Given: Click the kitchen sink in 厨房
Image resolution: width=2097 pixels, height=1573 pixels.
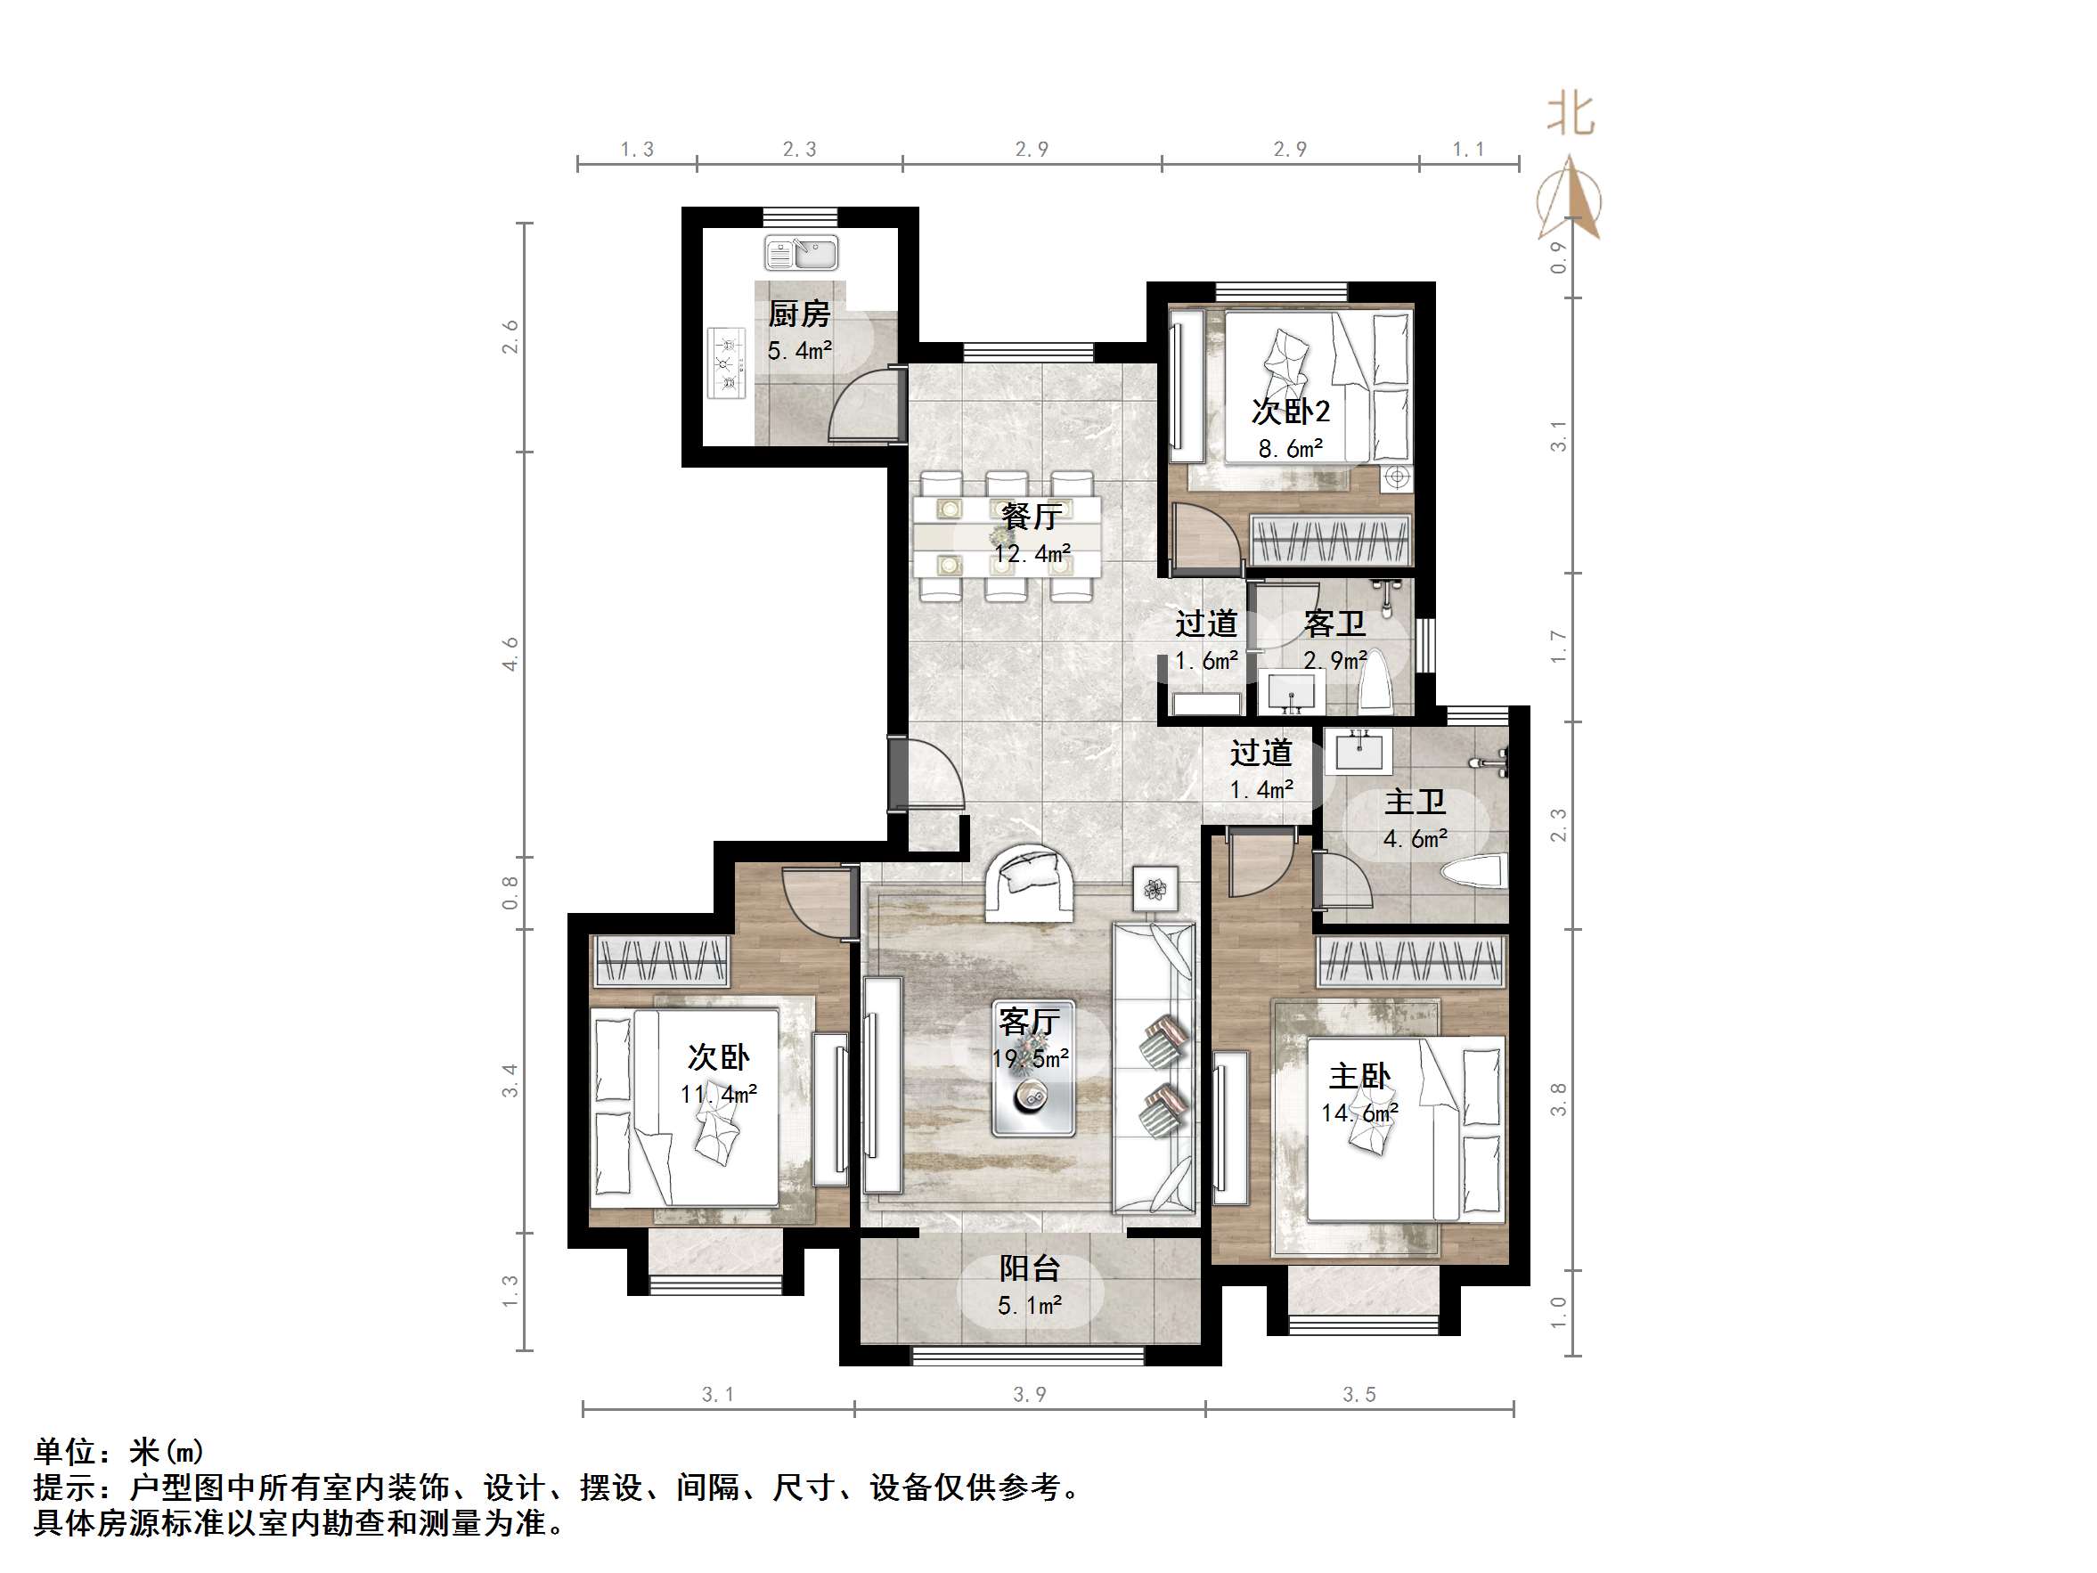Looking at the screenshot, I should pos(801,253).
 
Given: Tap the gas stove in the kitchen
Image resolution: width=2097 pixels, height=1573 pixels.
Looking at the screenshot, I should pos(726,363).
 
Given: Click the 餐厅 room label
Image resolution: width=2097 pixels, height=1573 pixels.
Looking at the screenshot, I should pos(1032,517).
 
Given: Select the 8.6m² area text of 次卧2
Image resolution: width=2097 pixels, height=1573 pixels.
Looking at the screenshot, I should pos(1290,449).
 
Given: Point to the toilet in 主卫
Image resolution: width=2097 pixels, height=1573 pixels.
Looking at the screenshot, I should pos(1474,871).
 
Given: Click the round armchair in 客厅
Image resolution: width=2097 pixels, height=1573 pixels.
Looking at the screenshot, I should pos(1030,882).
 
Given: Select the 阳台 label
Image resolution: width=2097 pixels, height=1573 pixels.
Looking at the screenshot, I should pos(1030,1267).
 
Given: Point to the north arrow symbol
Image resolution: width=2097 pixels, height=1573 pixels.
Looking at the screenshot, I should pos(1570,200).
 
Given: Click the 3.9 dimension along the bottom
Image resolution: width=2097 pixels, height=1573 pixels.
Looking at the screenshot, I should pos(1030,1395).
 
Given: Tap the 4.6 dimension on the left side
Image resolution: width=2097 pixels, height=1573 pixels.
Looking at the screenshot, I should pos(511,655).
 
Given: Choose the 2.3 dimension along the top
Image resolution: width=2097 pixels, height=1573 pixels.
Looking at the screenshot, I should pos(799,149).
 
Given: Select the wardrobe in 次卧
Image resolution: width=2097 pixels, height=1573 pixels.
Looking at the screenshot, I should pos(661,960).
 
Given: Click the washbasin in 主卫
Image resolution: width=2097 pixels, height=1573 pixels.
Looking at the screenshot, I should pos(1363,751).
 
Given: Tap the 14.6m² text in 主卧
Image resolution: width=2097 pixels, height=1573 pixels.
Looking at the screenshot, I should pos(1359,1113).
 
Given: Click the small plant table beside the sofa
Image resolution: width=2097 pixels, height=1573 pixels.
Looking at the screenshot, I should pos(1155,888).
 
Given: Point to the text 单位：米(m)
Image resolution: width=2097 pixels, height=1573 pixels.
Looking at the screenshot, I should pos(119,1451).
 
